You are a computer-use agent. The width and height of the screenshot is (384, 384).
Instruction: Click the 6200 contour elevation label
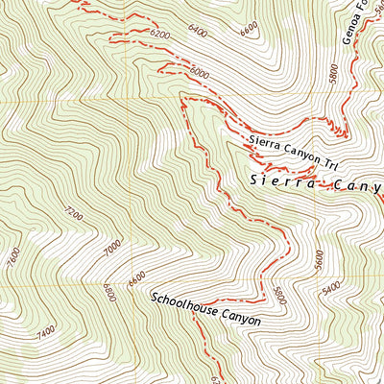click(159, 36)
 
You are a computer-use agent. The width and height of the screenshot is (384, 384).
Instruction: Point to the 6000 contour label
click(200, 72)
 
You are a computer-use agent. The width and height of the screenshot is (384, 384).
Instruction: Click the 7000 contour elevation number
click(111, 249)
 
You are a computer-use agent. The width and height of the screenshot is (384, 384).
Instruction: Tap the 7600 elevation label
click(12, 259)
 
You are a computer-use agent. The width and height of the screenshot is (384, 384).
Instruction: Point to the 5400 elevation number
click(331, 287)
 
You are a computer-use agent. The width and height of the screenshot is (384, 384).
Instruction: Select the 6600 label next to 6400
click(249, 30)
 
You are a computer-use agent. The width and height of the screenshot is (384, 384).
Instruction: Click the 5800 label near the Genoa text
click(333, 74)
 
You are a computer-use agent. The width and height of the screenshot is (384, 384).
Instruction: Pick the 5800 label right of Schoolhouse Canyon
click(278, 295)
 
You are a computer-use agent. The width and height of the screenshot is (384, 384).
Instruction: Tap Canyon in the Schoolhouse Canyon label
click(241, 321)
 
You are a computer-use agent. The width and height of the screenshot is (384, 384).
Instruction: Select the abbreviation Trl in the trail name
click(331, 163)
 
